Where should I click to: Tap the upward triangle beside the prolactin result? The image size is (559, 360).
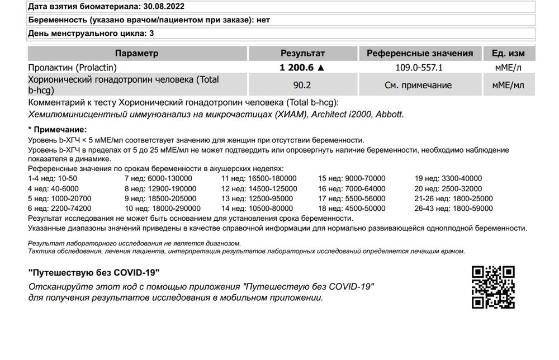click(320, 67)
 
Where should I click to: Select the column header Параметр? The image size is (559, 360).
click(136, 54)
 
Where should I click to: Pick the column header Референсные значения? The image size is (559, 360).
click(419, 54)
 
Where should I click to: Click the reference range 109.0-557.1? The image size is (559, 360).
click(419, 67)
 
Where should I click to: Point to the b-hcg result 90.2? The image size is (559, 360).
click(302, 86)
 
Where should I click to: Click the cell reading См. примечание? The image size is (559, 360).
click(419, 86)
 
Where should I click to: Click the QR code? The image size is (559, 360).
click(493, 287)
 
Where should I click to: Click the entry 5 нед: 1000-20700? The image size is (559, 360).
click(59, 198)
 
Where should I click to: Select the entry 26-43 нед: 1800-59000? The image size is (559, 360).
click(453, 209)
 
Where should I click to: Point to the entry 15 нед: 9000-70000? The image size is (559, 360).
click(352, 179)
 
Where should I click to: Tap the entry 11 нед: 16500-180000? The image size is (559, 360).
click(259, 179)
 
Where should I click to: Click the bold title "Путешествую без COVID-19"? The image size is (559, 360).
click(94, 272)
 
